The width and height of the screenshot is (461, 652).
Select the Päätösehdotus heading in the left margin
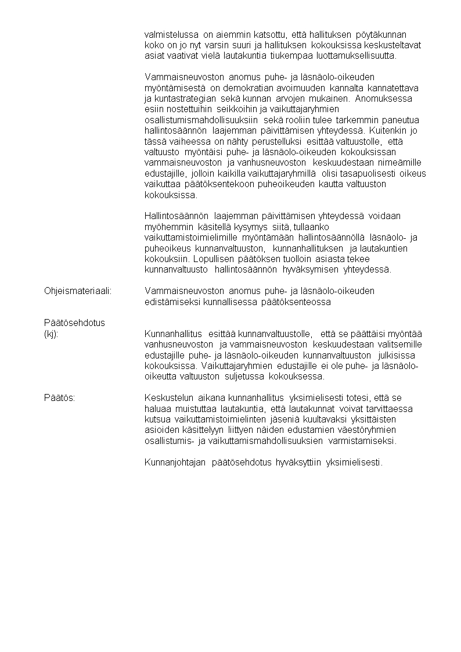(74, 323)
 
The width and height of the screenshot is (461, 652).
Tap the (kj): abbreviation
(51, 334)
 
